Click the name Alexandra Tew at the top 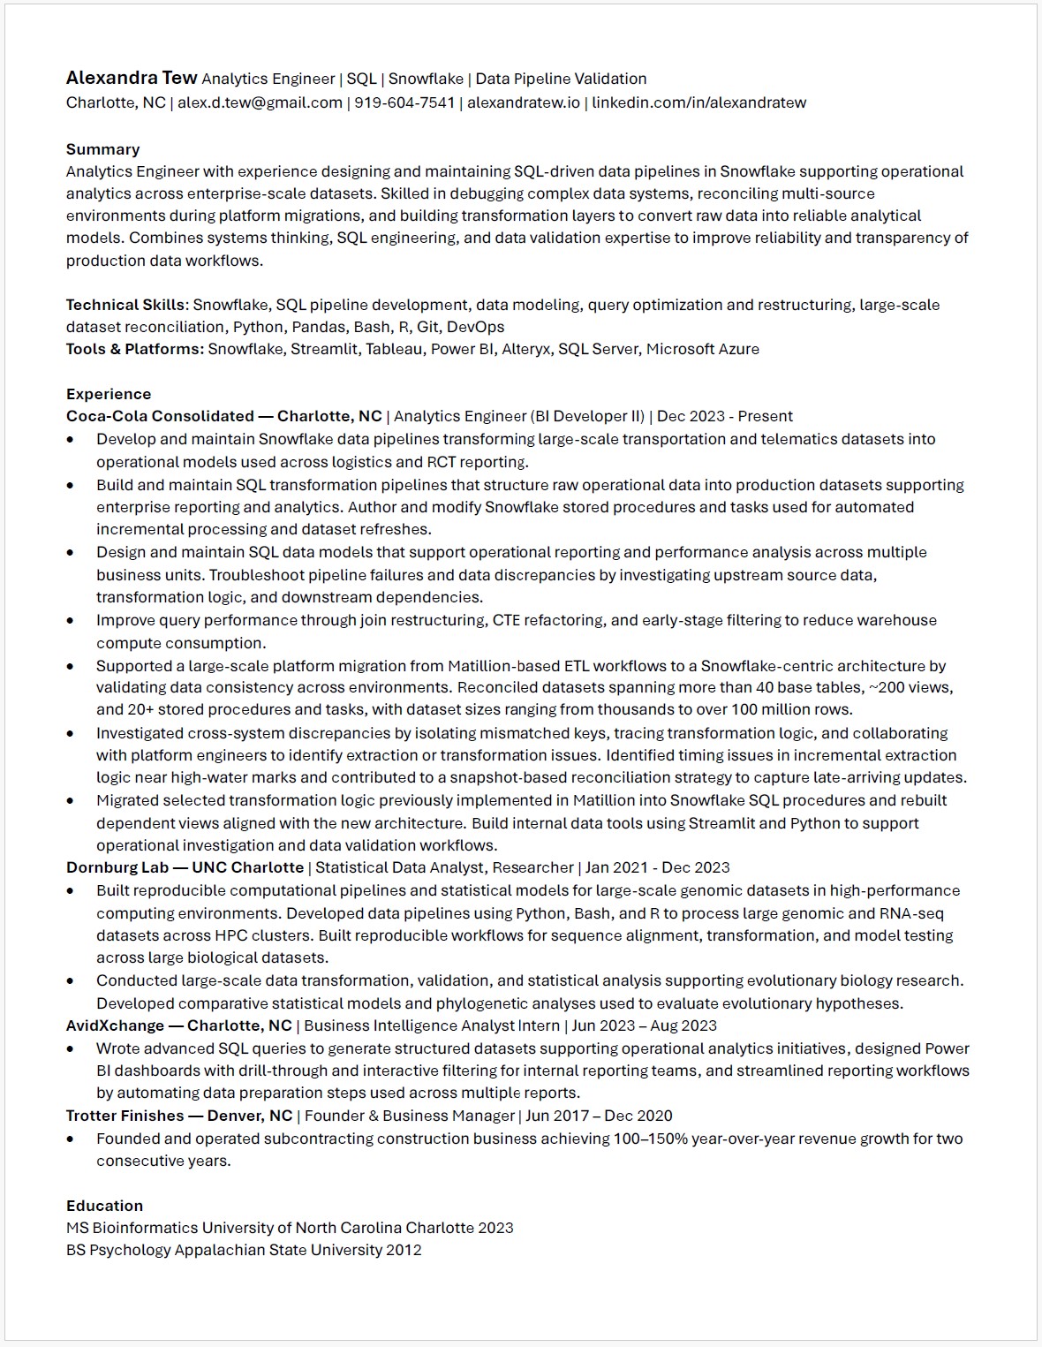pos(131,79)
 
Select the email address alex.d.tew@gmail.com pos(260,102)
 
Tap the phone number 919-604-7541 pos(404,102)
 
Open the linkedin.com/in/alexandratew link pos(698,102)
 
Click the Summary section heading pos(102,149)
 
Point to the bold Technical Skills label pos(125,305)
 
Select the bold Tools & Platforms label pos(134,349)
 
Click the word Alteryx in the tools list pos(525,349)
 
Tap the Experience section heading pos(108,394)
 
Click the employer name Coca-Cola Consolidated pos(160,416)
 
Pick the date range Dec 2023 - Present pos(724,416)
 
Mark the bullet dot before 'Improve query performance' pos(71,621)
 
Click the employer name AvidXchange pos(115,1025)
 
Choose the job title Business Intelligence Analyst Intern pos(432,1025)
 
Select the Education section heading pos(104,1206)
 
